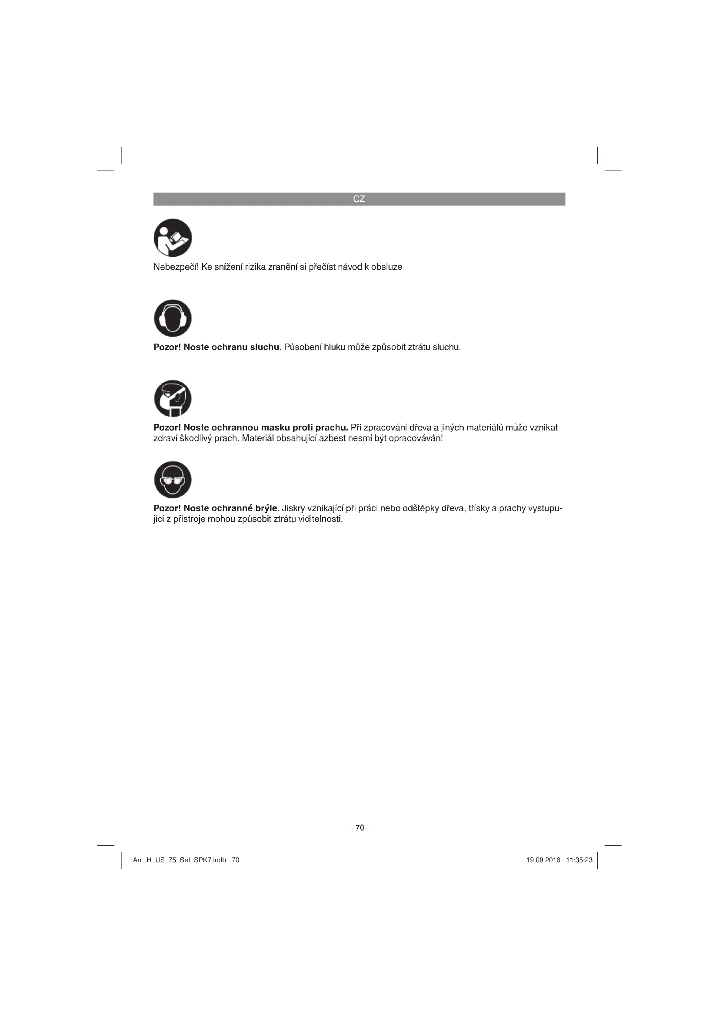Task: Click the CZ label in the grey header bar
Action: (359, 199)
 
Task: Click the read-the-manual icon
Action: (173, 238)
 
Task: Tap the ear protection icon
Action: (173, 318)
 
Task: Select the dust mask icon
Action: (173, 398)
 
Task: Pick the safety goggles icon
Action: (173, 480)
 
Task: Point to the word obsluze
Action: (386, 267)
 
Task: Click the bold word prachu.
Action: (331, 427)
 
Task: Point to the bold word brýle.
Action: (265, 508)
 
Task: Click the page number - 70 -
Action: (359, 828)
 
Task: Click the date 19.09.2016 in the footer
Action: (543, 860)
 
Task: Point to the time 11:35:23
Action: (579, 860)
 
